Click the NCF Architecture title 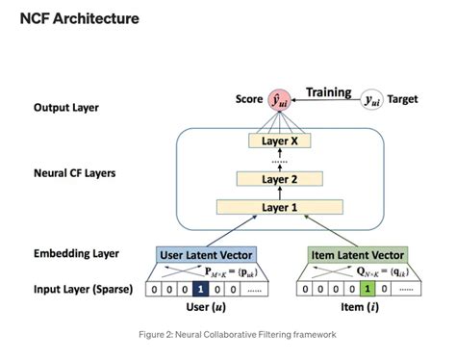tap(79, 18)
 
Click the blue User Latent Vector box tap(207, 254)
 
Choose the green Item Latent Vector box tap(357, 254)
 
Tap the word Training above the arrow tap(328, 92)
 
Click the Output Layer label tap(65, 108)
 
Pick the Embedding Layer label tap(75, 253)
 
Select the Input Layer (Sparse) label tap(86, 286)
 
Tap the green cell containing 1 tap(367, 287)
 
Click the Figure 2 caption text tap(228, 334)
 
